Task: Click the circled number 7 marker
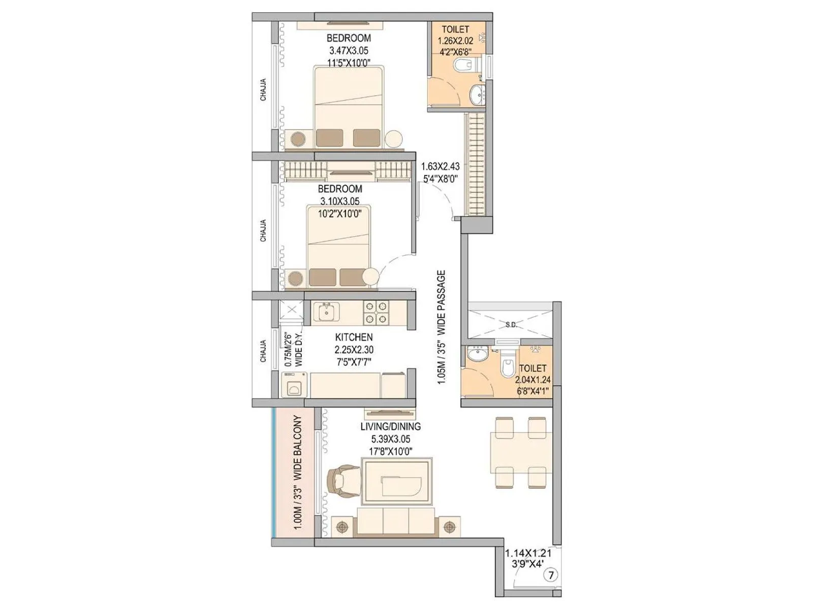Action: [x=551, y=575]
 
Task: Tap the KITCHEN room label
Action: [x=354, y=337]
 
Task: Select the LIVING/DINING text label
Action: [x=390, y=426]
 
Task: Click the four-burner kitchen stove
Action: [x=376, y=313]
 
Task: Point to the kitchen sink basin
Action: [x=325, y=312]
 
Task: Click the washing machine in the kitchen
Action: [x=294, y=386]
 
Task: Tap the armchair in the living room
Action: [x=339, y=482]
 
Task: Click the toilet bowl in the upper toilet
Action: [x=464, y=65]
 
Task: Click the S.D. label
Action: [x=511, y=324]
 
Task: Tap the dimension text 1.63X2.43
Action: [x=440, y=166]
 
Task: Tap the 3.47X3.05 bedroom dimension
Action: [x=349, y=50]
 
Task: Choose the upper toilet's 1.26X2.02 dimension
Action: [x=455, y=41]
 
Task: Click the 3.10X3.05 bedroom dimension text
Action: [x=339, y=201]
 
